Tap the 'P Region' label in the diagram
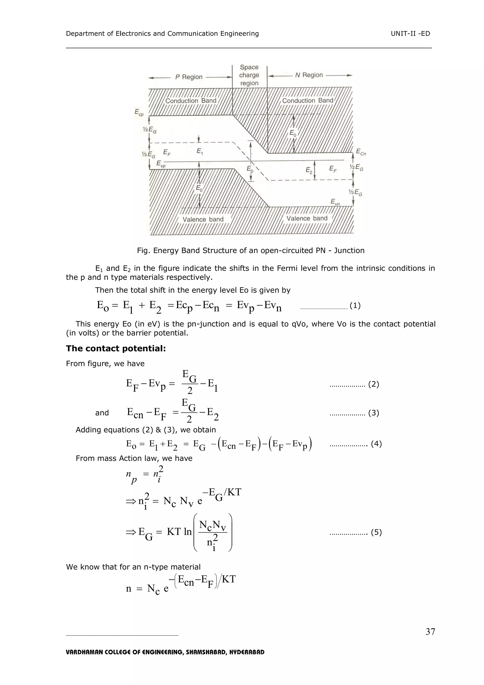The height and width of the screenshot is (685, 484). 189,77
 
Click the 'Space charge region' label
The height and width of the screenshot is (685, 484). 249,75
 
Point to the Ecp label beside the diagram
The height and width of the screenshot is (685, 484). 139,112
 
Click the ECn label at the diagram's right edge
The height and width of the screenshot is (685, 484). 361,152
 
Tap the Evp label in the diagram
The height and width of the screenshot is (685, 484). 161,164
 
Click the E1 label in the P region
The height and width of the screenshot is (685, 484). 200,152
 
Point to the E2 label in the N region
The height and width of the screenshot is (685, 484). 309,170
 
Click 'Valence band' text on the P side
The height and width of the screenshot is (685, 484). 203,219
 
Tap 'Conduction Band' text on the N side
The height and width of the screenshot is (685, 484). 307,101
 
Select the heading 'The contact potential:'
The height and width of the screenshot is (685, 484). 116,349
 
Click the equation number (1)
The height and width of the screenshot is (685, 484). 355,305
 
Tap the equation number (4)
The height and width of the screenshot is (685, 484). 376,444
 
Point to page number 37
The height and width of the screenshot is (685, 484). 430,632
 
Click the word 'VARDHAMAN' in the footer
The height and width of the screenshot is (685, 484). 84,652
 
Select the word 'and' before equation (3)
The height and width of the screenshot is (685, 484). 102,413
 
